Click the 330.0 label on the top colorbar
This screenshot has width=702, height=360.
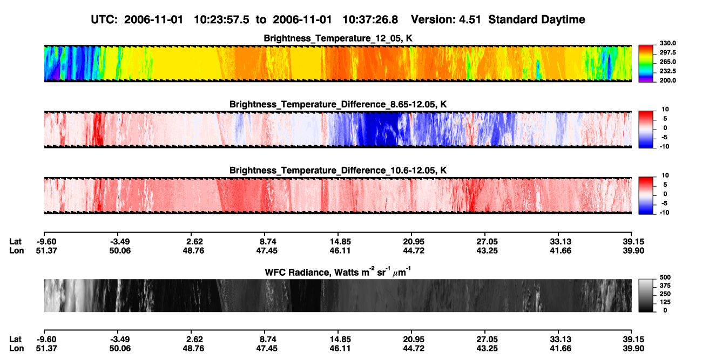667,43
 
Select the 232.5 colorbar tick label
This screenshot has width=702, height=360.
667,71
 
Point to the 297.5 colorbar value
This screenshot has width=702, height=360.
667,52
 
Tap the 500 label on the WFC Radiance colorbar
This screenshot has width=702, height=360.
665,277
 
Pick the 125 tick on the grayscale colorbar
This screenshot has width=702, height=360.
665,302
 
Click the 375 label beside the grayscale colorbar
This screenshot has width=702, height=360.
665,286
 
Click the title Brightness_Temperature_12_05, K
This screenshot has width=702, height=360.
338,38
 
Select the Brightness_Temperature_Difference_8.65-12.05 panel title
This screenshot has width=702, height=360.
338,104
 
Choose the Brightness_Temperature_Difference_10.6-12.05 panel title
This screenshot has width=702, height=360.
338,171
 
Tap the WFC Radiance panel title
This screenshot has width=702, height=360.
338,271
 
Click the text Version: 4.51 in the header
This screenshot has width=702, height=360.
446,20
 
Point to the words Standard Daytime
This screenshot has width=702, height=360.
537,20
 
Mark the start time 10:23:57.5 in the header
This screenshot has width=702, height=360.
221,20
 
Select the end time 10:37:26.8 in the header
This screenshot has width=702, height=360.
370,20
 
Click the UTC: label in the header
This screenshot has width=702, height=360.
104,20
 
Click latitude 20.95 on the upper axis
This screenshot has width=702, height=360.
414,242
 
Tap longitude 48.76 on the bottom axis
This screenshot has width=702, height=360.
193,349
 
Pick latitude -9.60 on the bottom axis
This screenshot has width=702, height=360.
46,339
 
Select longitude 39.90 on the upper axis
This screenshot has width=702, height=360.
633,250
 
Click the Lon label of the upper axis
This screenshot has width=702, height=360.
16,250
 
